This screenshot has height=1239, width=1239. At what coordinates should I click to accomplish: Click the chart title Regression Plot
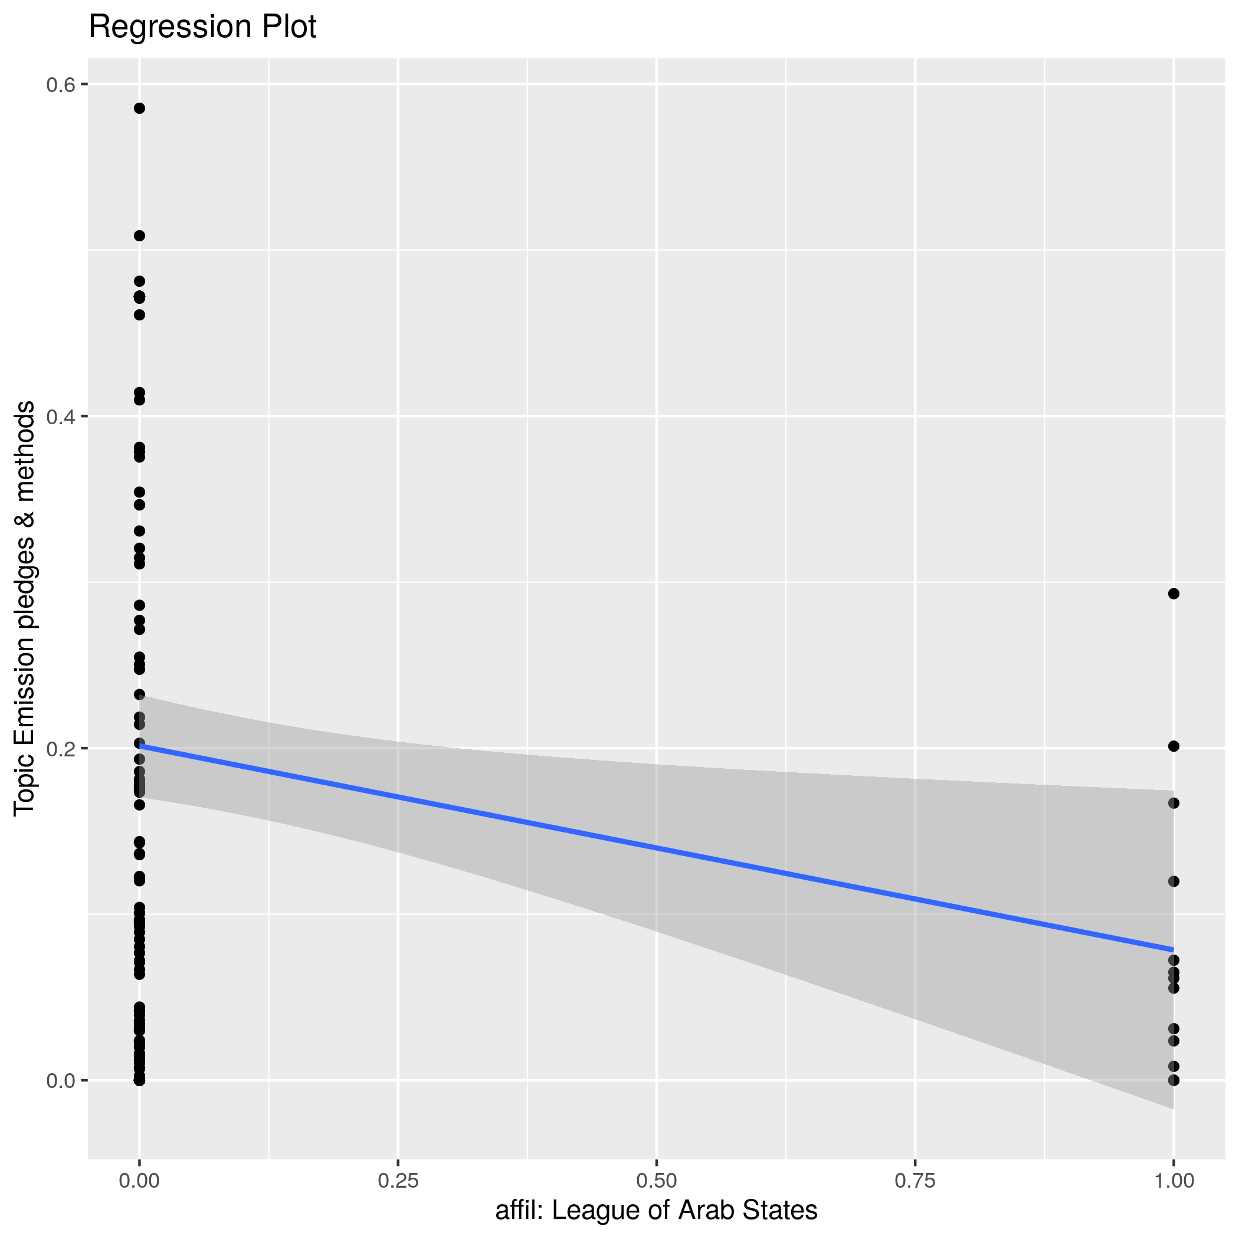pos(202,28)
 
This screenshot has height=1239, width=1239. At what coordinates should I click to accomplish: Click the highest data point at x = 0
pos(139,109)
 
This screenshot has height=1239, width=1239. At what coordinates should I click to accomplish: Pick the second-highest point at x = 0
pos(139,236)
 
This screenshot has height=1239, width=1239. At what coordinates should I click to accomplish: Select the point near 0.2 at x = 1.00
pos(1174,746)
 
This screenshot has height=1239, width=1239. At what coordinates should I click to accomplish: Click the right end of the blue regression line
pos(1173,949)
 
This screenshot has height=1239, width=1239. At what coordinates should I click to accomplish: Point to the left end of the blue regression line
pos(140,746)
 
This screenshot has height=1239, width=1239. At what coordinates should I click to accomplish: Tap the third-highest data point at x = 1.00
pos(1174,803)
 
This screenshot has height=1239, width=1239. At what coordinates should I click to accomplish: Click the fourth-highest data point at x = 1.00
pos(1174,881)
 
